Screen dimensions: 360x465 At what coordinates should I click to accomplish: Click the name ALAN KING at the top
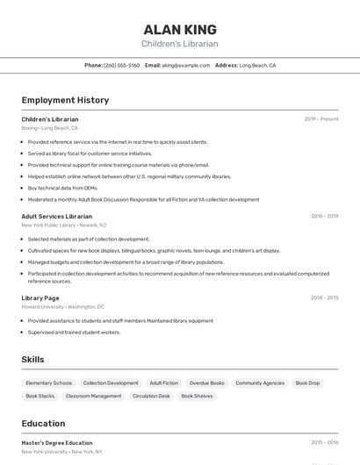click(180, 30)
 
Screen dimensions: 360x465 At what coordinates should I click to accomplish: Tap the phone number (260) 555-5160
click(122, 65)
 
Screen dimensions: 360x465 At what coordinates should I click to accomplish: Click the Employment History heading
click(65, 100)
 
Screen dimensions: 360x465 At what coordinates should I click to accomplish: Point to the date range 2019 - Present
click(321, 119)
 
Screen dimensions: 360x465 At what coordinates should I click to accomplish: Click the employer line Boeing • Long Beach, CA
click(49, 128)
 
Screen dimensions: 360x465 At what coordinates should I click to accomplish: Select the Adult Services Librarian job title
click(56, 216)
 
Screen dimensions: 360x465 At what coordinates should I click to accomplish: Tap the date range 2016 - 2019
click(324, 216)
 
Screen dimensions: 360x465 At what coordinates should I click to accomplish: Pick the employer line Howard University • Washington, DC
click(62, 307)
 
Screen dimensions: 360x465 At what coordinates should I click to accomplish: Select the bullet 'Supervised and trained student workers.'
click(74, 333)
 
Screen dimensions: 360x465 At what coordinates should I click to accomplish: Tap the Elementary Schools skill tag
click(49, 383)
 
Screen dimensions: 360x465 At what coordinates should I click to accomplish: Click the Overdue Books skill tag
click(206, 383)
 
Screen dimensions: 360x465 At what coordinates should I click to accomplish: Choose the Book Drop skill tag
click(307, 383)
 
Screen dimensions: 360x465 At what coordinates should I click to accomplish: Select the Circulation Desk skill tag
click(151, 396)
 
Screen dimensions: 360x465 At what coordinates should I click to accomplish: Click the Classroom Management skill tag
click(93, 396)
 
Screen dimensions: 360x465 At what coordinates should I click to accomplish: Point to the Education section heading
click(43, 423)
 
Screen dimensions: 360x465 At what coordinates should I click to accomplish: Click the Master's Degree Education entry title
click(57, 443)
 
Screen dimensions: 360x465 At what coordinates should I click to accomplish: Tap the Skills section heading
click(32, 360)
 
